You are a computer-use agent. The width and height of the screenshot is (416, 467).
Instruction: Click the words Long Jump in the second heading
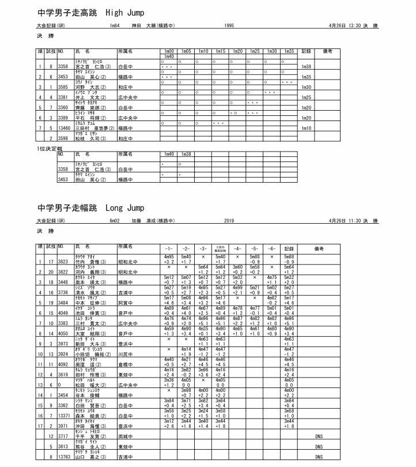coord(125,208)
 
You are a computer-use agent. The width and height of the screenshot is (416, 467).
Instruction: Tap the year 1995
coord(229,26)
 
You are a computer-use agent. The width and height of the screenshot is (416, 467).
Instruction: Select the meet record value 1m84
coord(114,26)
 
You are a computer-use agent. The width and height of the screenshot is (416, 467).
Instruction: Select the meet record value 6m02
coord(114,221)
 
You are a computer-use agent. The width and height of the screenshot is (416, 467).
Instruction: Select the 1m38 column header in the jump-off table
coord(186,155)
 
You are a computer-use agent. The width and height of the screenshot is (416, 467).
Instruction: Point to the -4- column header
coord(237,248)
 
